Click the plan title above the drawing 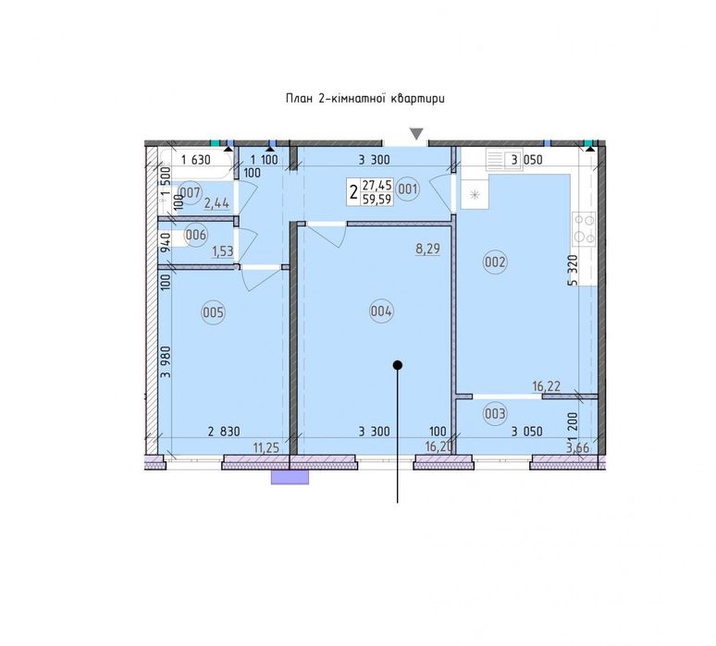364,99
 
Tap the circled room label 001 408,189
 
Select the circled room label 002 496,262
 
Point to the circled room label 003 495,413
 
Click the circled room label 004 381,311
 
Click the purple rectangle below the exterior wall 290,477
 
